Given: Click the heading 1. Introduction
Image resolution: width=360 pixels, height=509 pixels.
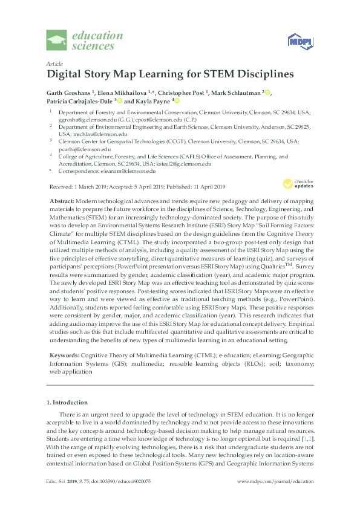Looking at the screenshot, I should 67,401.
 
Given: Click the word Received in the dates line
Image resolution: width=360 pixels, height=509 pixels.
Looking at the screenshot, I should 57,186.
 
